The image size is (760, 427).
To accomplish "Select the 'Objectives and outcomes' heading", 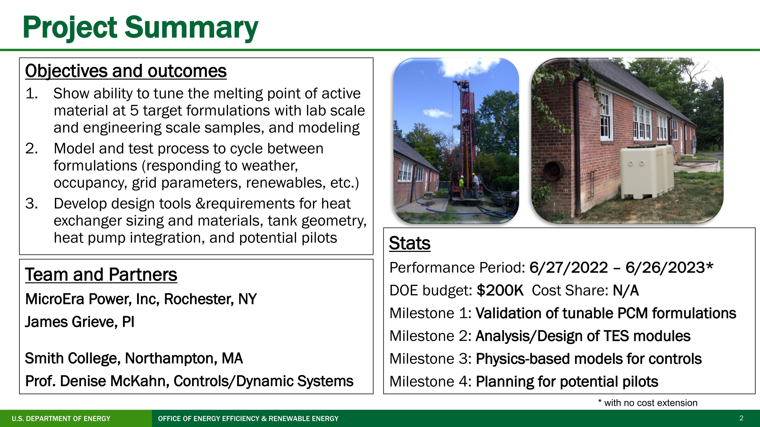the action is point(126,71).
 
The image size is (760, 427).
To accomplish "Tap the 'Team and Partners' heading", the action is point(101,275).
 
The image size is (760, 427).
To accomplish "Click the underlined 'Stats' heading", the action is point(409,243).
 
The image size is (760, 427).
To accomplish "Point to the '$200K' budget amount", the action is point(500,290).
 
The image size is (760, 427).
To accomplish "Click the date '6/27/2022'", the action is point(569,268).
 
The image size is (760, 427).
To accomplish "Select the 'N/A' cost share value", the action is point(626,290).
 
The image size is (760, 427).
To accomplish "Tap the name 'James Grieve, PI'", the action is point(80,322).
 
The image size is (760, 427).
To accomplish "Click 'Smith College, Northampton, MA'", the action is point(134,358).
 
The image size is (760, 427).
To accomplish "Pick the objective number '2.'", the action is point(32,148).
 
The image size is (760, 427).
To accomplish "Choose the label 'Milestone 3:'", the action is point(430,359).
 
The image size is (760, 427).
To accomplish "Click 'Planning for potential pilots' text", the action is point(567,382).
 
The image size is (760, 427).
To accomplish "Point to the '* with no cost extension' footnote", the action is point(648,403).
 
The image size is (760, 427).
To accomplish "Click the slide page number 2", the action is point(741,418).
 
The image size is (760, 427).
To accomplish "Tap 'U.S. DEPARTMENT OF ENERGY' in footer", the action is point(61,419).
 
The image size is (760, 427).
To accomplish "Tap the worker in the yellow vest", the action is point(461,187).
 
